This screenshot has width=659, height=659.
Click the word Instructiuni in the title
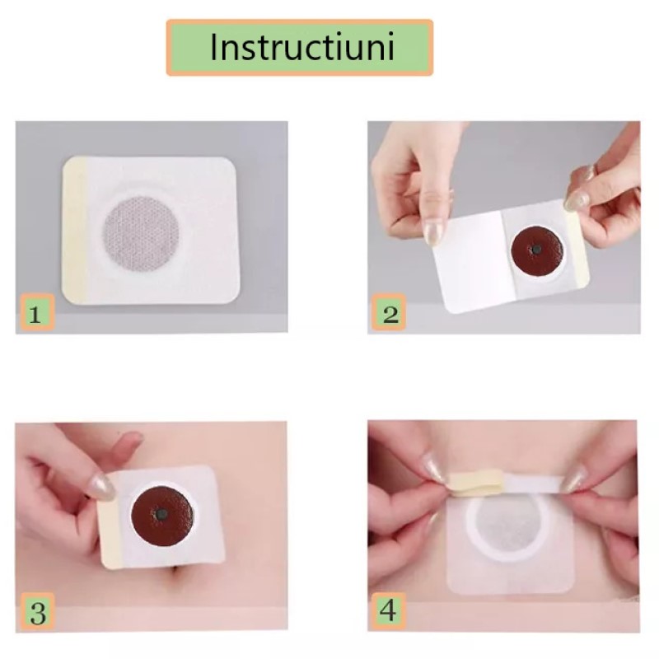[302, 46]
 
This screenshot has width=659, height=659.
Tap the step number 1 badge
[37, 312]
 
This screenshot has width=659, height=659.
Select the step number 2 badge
[389, 312]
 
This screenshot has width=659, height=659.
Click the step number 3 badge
[37, 611]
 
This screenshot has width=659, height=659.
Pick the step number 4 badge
[388, 610]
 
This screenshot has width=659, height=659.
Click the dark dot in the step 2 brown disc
[536, 250]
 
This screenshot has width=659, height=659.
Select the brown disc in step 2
[537, 250]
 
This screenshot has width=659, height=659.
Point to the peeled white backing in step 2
[472, 260]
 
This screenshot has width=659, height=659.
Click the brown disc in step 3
[162, 513]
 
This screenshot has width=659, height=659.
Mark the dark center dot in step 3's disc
[161, 513]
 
